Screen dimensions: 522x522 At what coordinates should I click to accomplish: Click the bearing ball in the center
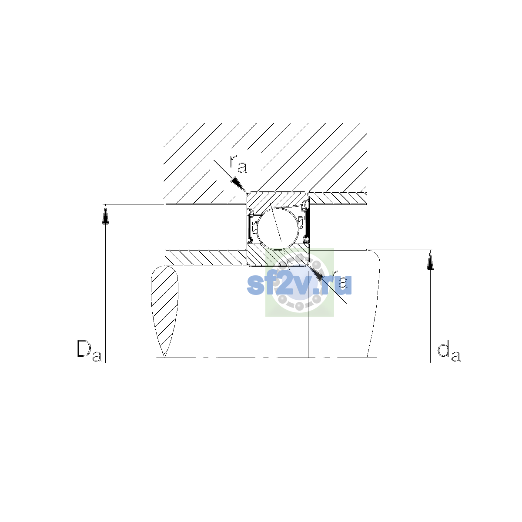tap(278, 229)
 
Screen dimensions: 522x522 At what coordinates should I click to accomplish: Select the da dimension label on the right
tap(449, 352)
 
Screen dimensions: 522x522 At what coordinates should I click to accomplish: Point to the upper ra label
tap(238, 164)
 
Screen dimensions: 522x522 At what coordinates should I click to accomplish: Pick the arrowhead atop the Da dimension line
tap(105, 214)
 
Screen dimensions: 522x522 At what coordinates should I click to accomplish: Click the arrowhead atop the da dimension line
tap(430, 260)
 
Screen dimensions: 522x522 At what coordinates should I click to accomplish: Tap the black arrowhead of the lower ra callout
tap(315, 274)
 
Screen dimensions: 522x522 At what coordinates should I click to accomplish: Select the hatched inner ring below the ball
tap(278, 256)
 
